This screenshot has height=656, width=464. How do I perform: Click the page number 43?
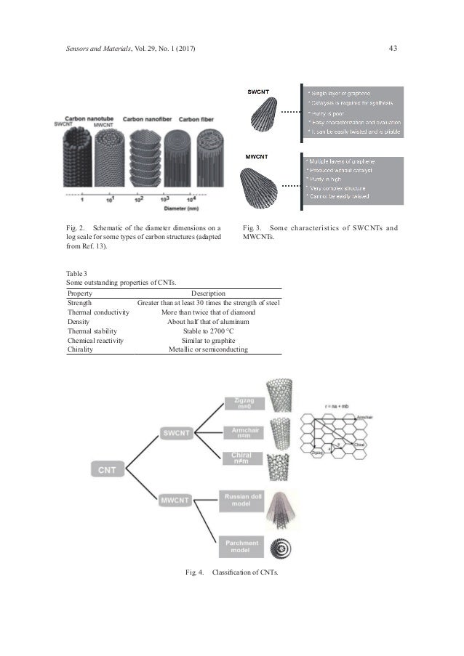tap(393, 48)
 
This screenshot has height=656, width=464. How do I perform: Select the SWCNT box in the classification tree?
tap(177, 433)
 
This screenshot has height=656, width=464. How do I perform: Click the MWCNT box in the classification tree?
tap(177, 501)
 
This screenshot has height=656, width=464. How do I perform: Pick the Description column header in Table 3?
tap(208, 293)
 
